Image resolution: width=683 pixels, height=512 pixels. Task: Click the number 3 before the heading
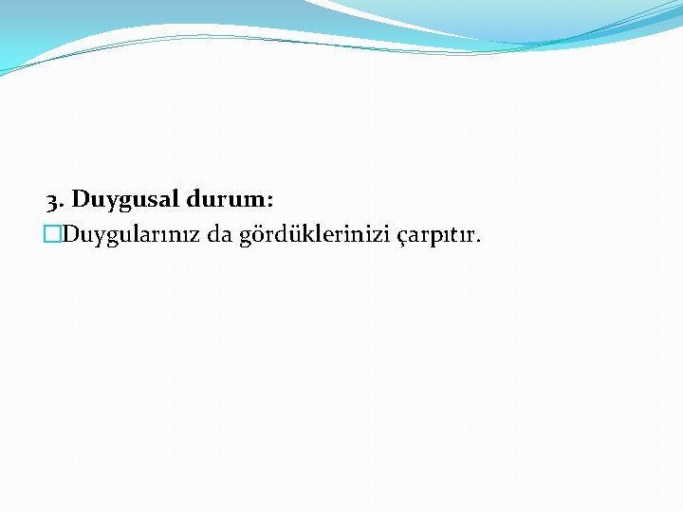pyautogui.click(x=53, y=201)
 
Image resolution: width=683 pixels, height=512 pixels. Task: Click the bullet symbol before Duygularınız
pyautogui.click(x=51, y=234)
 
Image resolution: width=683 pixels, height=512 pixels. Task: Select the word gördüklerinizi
pyautogui.click(x=305, y=234)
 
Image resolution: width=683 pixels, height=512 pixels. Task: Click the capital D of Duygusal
pyautogui.click(x=82, y=200)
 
